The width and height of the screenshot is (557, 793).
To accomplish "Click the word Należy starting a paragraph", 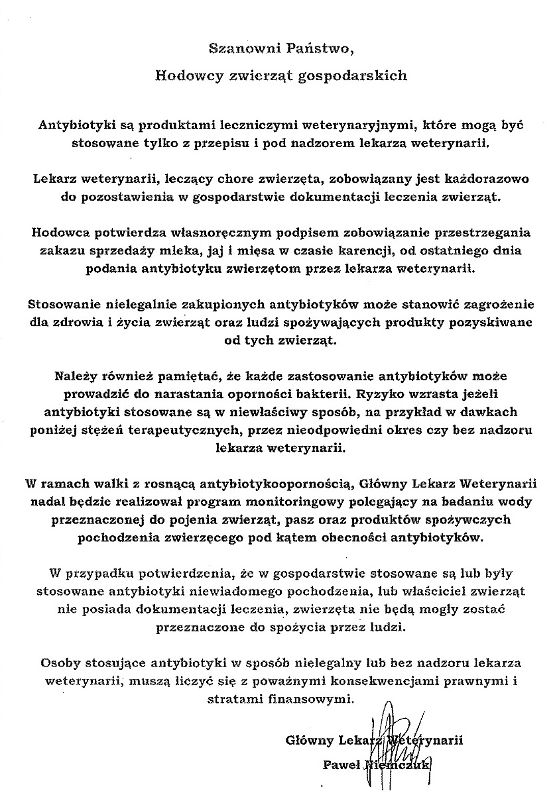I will tap(77, 377).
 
